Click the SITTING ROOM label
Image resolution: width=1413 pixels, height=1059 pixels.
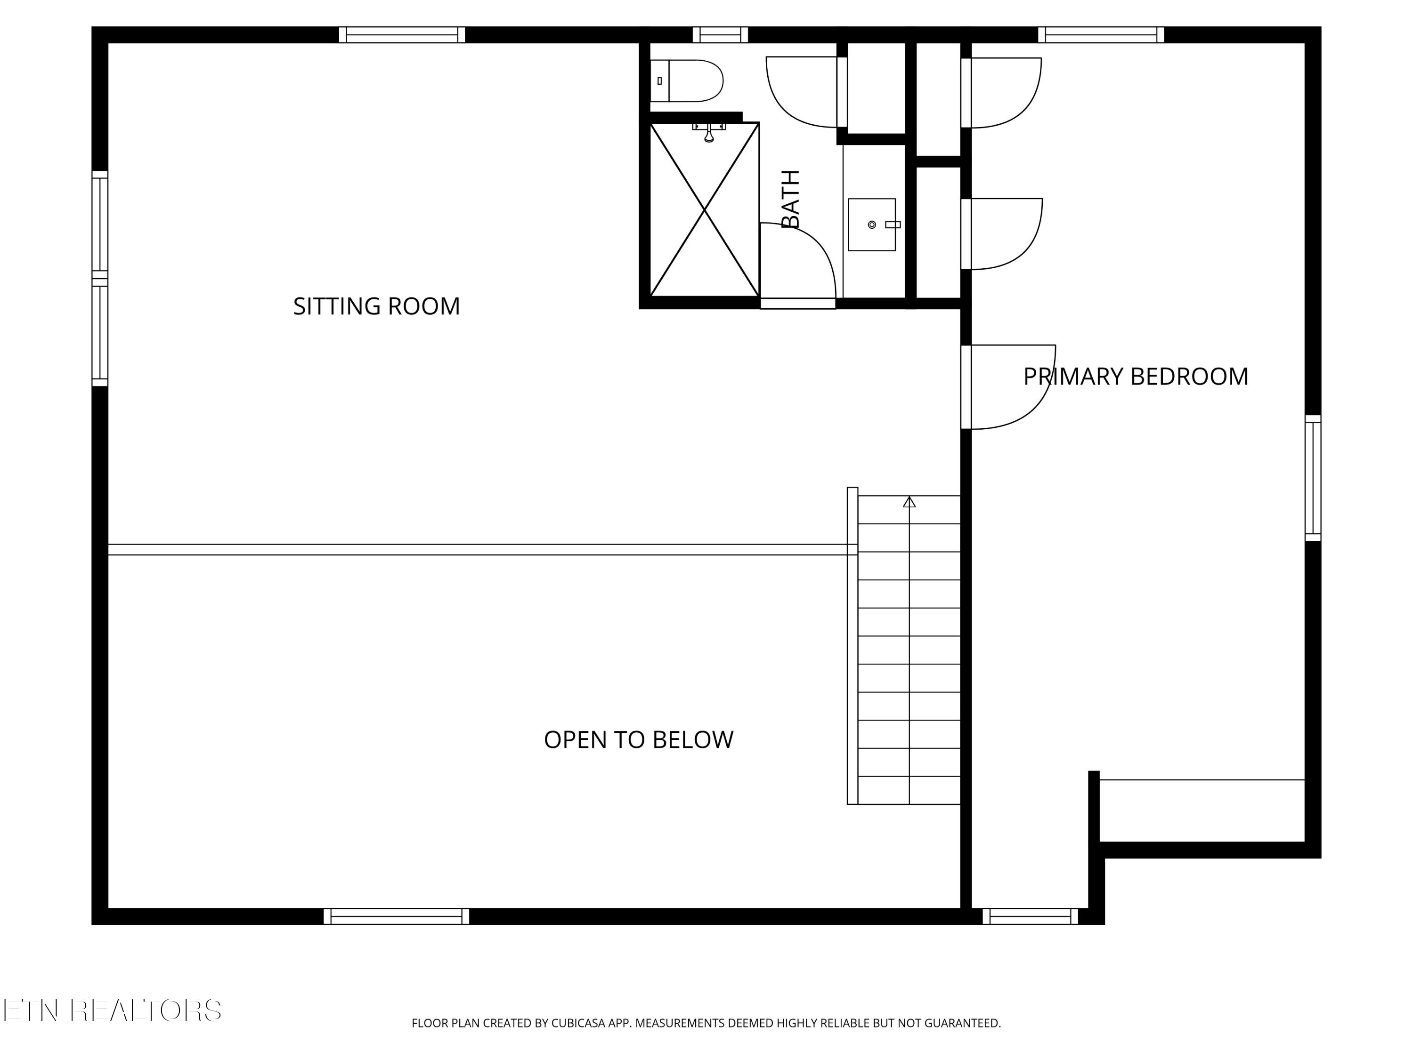click(376, 306)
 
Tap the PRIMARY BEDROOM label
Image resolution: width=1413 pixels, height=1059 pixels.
click(1136, 377)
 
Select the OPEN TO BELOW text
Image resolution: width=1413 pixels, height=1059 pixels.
click(639, 740)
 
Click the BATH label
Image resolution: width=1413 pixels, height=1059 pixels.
click(791, 199)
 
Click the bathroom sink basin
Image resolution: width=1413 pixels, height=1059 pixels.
click(872, 225)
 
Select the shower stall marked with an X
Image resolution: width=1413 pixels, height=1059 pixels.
click(705, 209)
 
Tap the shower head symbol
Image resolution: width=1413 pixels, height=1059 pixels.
click(709, 133)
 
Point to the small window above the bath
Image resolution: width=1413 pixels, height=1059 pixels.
click(721, 34)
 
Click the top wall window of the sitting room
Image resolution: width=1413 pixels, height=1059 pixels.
click(402, 34)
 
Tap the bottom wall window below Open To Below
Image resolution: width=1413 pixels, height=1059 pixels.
click(397, 916)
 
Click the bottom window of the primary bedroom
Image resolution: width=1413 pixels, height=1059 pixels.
click(1031, 916)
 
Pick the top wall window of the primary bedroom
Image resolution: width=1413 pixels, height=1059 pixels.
click(1101, 34)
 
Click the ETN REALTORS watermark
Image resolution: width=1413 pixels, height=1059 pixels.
click(113, 1011)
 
